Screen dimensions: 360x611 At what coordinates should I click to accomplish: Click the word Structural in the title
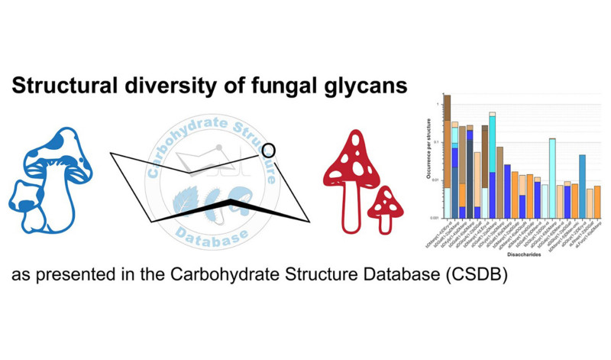click(63, 86)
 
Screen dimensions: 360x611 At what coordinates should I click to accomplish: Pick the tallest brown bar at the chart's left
click(448, 153)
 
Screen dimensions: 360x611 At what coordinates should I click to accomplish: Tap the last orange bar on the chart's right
click(597, 201)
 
